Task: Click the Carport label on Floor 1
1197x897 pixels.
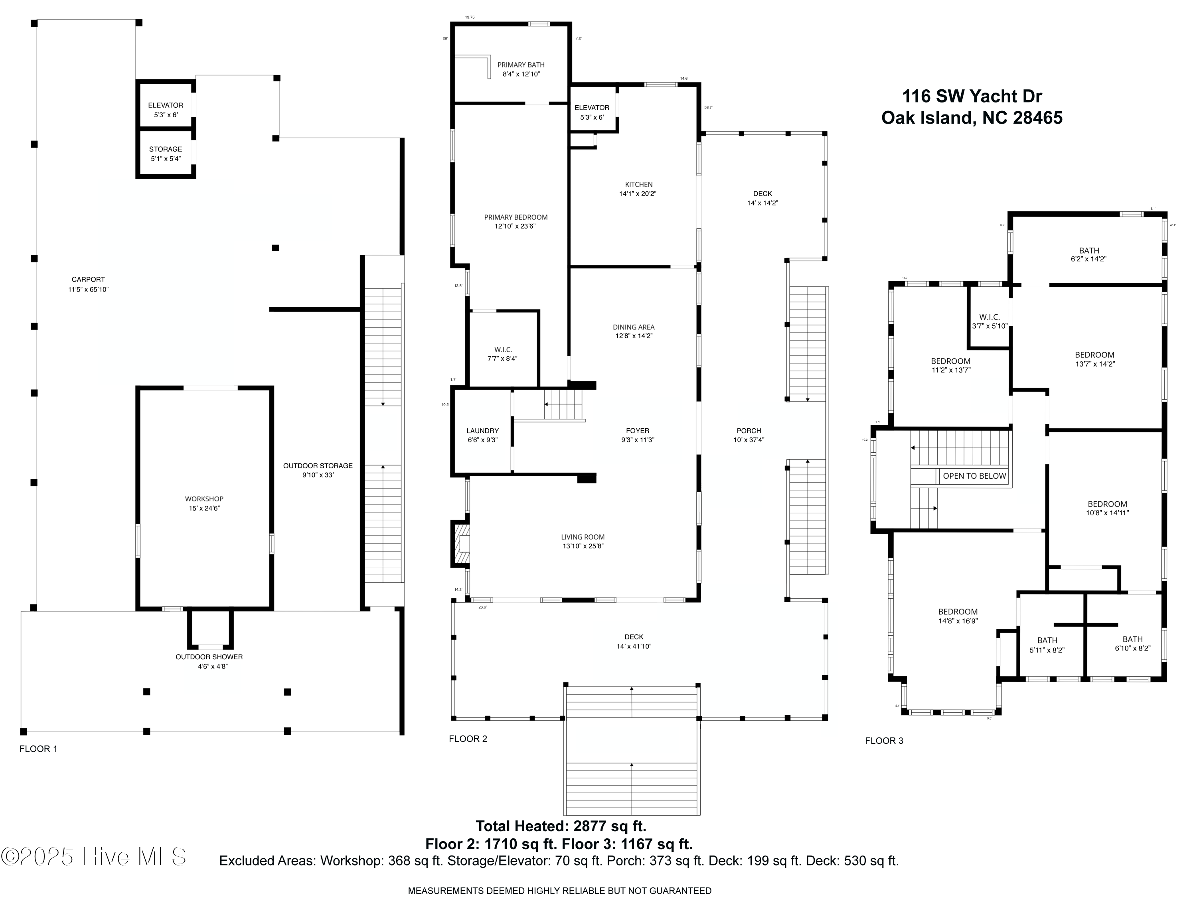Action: [x=88, y=280]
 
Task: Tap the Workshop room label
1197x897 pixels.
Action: [x=204, y=499]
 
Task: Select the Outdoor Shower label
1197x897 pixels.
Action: [x=209, y=657]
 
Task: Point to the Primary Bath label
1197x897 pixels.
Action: [x=521, y=65]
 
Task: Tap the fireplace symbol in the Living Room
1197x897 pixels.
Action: [x=461, y=543]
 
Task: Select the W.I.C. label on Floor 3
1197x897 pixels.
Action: [x=989, y=317]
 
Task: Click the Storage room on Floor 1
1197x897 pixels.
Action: [x=166, y=154]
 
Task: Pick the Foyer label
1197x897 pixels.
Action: [x=638, y=431]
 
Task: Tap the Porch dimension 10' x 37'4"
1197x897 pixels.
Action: [x=749, y=440]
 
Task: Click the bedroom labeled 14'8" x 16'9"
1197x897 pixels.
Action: [x=958, y=617]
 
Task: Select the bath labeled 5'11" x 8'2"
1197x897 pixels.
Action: [x=1047, y=645]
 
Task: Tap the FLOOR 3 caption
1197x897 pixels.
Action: [x=884, y=741]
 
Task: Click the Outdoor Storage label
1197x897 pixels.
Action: [x=318, y=466]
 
